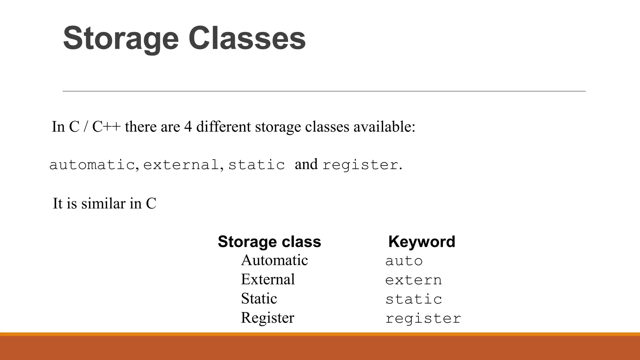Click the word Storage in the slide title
click(121, 39)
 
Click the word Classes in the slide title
click(247, 39)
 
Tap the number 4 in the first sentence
click(188, 127)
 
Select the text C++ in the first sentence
click(106, 127)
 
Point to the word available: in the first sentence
click(384, 127)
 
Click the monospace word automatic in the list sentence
click(92, 165)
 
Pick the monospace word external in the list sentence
click(181, 165)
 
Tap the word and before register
click(306, 164)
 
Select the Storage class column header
click(269, 242)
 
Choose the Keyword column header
click(422, 242)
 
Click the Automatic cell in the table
click(274, 260)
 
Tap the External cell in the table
click(268, 279)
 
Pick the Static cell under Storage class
click(259, 299)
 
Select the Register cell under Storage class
click(267, 318)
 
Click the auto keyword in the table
click(404, 261)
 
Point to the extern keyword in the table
click(413, 280)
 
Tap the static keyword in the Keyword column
click(413, 299)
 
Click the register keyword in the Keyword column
click(423, 319)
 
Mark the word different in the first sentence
click(223, 127)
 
